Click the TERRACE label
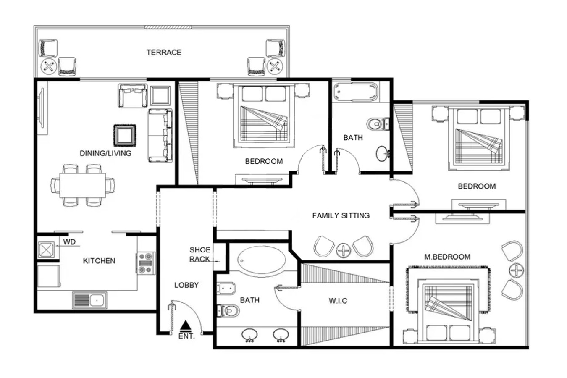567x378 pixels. (164, 52)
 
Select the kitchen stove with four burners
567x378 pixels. (146, 263)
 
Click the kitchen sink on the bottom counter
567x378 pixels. (89, 300)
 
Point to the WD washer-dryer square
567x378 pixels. (46, 250)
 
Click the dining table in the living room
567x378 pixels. (82, 185)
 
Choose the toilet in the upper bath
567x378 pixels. (378, 124)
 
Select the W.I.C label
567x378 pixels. (338, 301)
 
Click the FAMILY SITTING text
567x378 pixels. (341, 215)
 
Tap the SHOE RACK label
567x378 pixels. (200, 255)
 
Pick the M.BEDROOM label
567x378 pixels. (447, 257)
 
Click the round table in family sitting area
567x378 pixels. (343, 250)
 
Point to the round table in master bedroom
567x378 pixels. (516, 270)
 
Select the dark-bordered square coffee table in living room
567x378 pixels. (125, 135)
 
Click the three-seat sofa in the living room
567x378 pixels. (160, 136)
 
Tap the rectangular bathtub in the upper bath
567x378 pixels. (356, 92)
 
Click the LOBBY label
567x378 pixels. (186, 285)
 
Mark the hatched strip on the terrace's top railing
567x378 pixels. (168, 27)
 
